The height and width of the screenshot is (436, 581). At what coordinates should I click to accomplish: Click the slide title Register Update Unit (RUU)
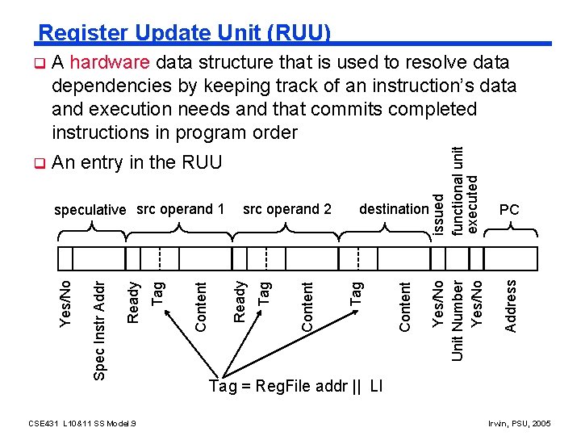(x=185, y=32)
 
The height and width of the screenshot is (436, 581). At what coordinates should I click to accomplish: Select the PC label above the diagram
(x=509, y=210)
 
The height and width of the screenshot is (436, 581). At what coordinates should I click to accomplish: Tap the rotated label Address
(x=511, y=305)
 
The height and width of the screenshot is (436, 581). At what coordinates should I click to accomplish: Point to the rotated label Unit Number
(x=458, y=320)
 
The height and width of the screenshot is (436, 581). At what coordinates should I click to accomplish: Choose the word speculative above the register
(x=90, y=210)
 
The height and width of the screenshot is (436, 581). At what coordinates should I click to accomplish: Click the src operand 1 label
(x=181, y=209)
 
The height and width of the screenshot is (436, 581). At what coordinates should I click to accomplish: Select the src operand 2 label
(x=287, y=209)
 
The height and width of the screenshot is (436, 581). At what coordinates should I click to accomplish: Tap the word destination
(x=394, y=209)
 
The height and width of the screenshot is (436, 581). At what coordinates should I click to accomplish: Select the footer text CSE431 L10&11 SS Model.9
(x=81, y=422)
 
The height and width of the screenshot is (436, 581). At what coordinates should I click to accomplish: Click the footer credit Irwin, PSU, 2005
(x=520, y=422)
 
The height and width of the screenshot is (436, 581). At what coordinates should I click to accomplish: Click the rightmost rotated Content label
(x=406, y=305)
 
